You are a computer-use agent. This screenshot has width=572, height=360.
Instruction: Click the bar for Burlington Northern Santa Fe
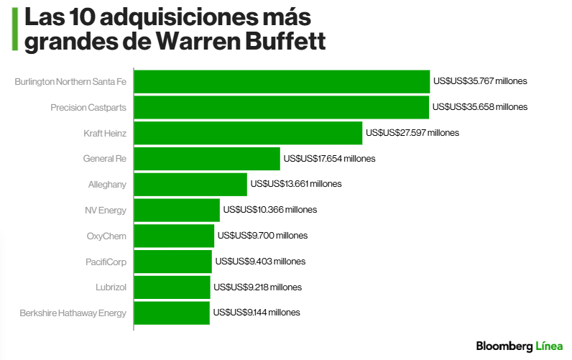[282, 81]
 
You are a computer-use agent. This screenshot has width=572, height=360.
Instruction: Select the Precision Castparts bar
[282, 107]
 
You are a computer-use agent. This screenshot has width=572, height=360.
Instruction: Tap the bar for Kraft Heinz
[248, 133]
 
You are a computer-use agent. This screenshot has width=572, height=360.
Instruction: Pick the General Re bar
[207, 159]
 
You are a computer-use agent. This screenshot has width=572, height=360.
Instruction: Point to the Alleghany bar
[190, 184]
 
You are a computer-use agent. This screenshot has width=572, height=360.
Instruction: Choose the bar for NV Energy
[177, 210]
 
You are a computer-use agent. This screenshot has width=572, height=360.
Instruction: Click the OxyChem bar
[174, 236]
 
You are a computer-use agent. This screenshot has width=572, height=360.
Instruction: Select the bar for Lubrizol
[172, 287]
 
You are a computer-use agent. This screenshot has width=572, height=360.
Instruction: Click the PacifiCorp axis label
[106, 262]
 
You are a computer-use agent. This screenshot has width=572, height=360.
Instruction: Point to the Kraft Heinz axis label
[105, 133]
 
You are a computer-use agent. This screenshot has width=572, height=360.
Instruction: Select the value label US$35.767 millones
[480, 81]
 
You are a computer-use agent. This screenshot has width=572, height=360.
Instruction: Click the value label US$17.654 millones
[329, 159]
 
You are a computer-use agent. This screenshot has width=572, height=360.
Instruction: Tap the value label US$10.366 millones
[269, 210]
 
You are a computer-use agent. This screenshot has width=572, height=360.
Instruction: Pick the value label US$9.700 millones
[262, 236]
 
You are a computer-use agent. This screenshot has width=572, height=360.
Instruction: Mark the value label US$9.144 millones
[255, 313]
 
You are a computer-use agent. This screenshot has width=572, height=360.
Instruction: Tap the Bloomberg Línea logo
[520, 346]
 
